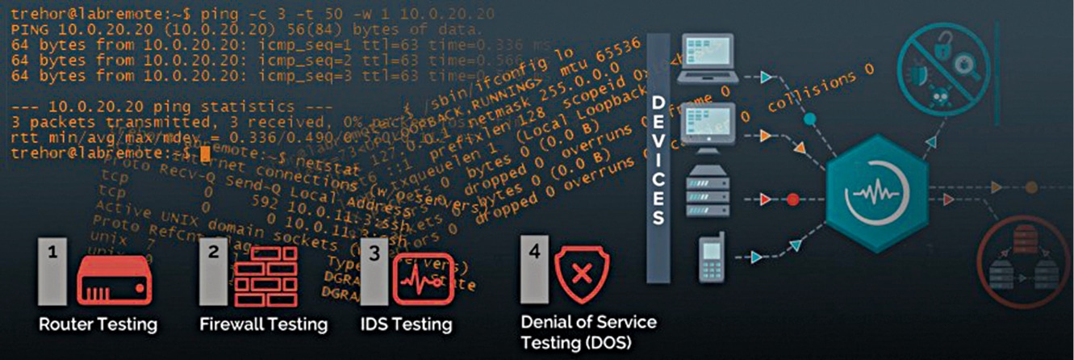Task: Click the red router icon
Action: tap(114, 278)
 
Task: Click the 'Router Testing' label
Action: tap(98, 324)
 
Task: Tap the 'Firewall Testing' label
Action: tap(263, 324)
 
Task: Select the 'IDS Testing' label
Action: tap(406, 324)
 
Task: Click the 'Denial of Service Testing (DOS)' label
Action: tap(588, 331)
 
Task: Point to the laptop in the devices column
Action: tap(708, 58)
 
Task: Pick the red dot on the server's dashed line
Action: tap(792, 198)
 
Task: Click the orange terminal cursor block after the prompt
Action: tap(205, 152)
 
